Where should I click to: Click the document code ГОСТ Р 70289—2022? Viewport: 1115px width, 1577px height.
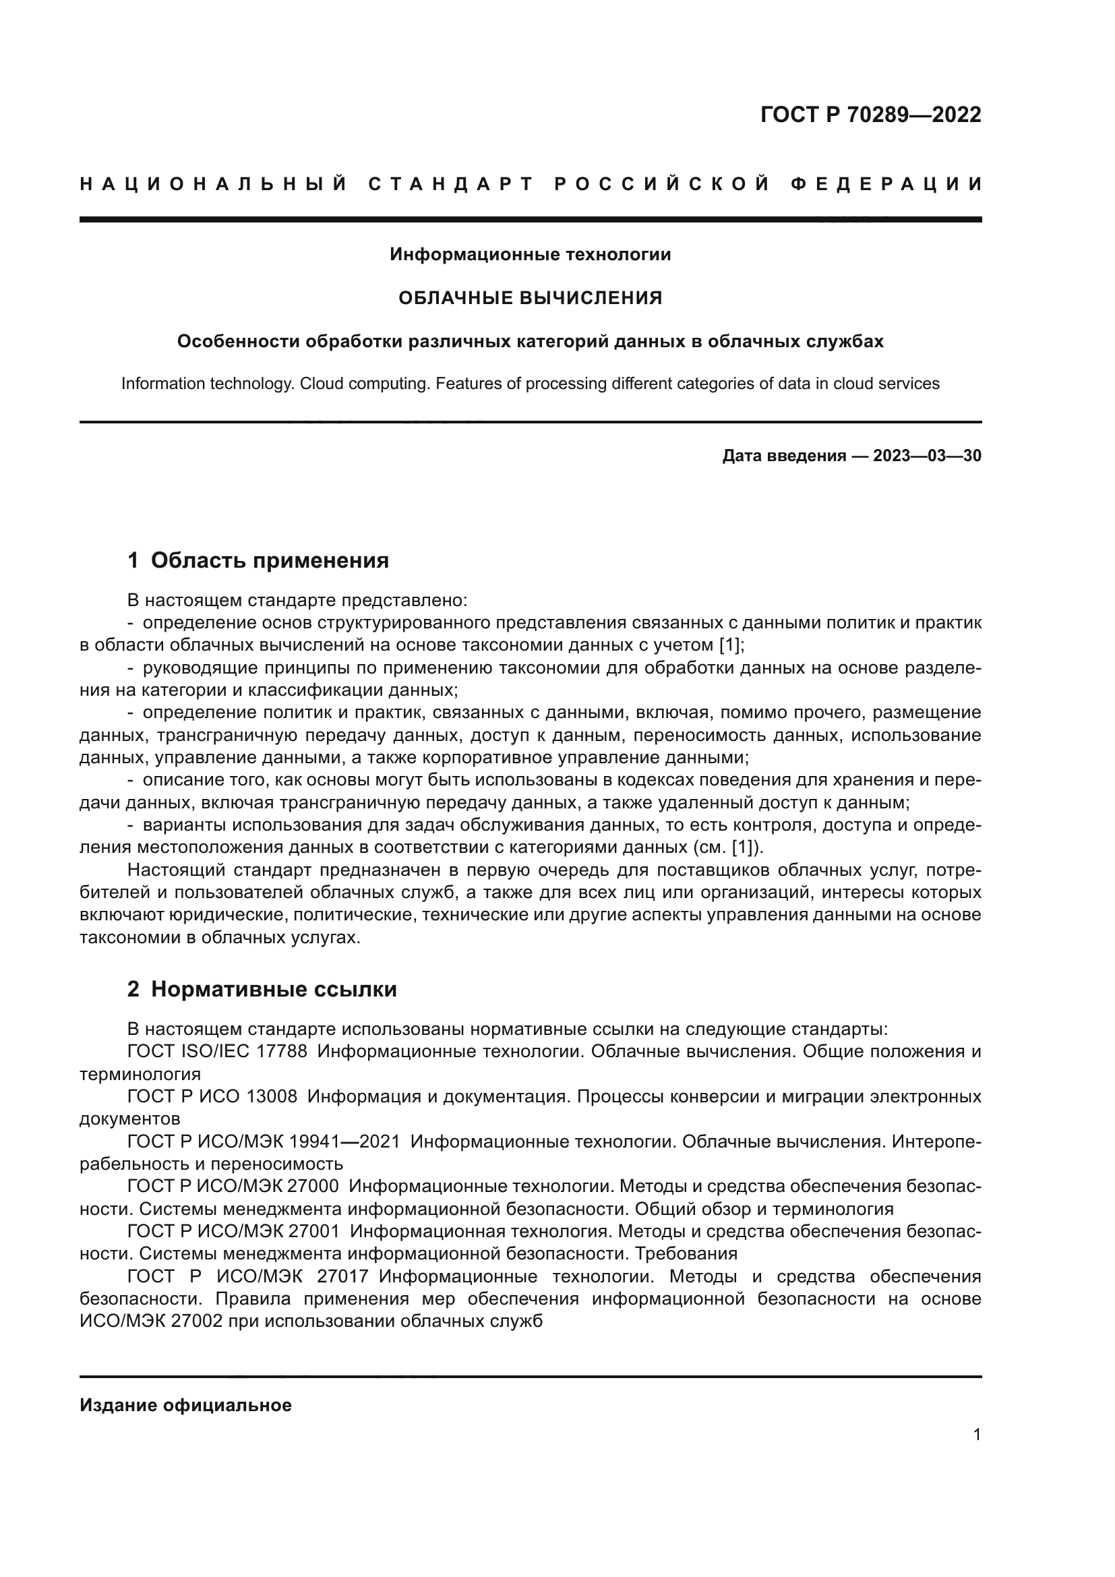point(870,115)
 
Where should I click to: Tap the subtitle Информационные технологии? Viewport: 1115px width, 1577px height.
point(530,255)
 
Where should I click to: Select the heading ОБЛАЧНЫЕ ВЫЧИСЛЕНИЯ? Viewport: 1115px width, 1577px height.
point(530,298)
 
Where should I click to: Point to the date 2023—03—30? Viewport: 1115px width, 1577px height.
point(927,456)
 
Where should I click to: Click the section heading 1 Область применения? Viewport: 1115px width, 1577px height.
point(258,560)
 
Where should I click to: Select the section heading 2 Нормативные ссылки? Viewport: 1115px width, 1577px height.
point(262,990)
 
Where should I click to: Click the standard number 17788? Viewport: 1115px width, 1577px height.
point(282,1052)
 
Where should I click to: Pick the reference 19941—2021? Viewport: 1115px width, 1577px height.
point(344,1141)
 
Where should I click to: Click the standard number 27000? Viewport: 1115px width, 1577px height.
point(314,1186)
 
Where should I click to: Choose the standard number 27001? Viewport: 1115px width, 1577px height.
point(315,1232)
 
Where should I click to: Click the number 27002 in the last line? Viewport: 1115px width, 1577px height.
point(198,1321)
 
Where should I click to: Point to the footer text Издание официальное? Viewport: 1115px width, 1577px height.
point(185,1405)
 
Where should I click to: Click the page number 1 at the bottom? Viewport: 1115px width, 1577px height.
point(977,1435)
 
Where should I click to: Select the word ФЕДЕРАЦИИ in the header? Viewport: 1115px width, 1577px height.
point(886,184)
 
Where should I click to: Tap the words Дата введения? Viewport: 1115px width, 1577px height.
point(783,456)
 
